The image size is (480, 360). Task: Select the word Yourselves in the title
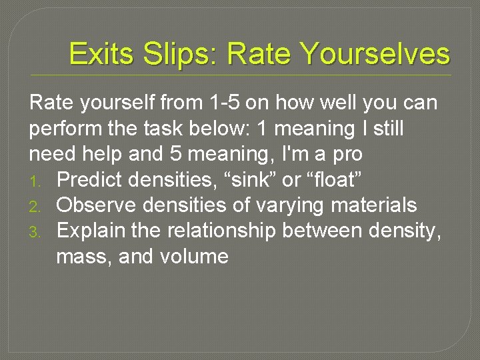click(375, 54)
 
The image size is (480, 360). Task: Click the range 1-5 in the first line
click(222, 103)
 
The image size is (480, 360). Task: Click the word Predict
click(93, 179)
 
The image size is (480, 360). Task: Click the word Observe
click(99, 205)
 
